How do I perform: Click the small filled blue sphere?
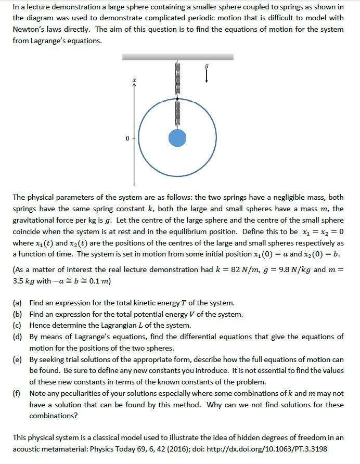(x=177, y=138)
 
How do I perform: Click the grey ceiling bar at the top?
(x=177, y=56)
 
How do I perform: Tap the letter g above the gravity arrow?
(x=207, y=67)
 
